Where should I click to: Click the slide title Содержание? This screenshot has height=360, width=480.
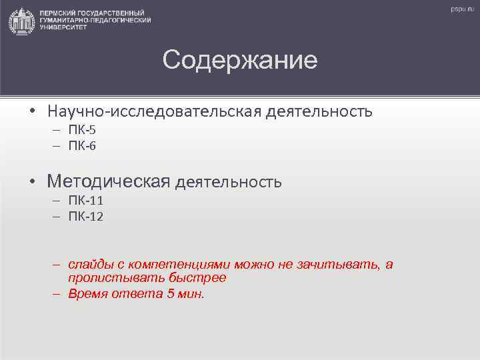[x=240, y=61]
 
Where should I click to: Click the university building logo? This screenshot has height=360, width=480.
[x=22, y=21]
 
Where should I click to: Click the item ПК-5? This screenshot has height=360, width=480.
[x=83, y=130]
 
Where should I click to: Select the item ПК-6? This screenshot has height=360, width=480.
[x=83, y=145]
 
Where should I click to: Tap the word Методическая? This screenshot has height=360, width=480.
[x=109, y=181]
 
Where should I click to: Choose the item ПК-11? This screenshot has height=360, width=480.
[x=86, y=201]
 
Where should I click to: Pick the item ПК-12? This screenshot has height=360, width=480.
[x=86, y=217]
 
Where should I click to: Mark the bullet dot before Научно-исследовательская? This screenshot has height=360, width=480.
[x=33, y=111]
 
